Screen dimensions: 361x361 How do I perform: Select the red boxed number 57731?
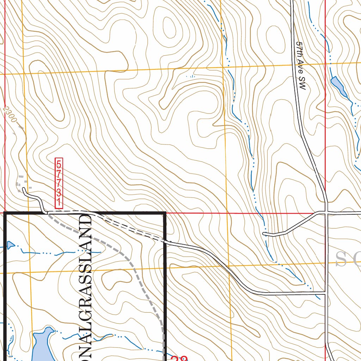tap(59, 183)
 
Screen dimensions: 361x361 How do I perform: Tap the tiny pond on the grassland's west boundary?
tap(10, 245)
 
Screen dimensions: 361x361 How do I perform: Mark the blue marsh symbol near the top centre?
tap(190, 76)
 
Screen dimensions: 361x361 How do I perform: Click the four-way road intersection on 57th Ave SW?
tap(326, 212)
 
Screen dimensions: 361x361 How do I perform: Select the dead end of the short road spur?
tap(264, 234)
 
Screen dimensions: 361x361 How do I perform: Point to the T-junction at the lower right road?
tap(325, 293)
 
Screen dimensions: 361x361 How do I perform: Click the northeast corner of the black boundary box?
tap(165, 213)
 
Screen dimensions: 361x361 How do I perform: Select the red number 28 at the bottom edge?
tap(179, 358)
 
